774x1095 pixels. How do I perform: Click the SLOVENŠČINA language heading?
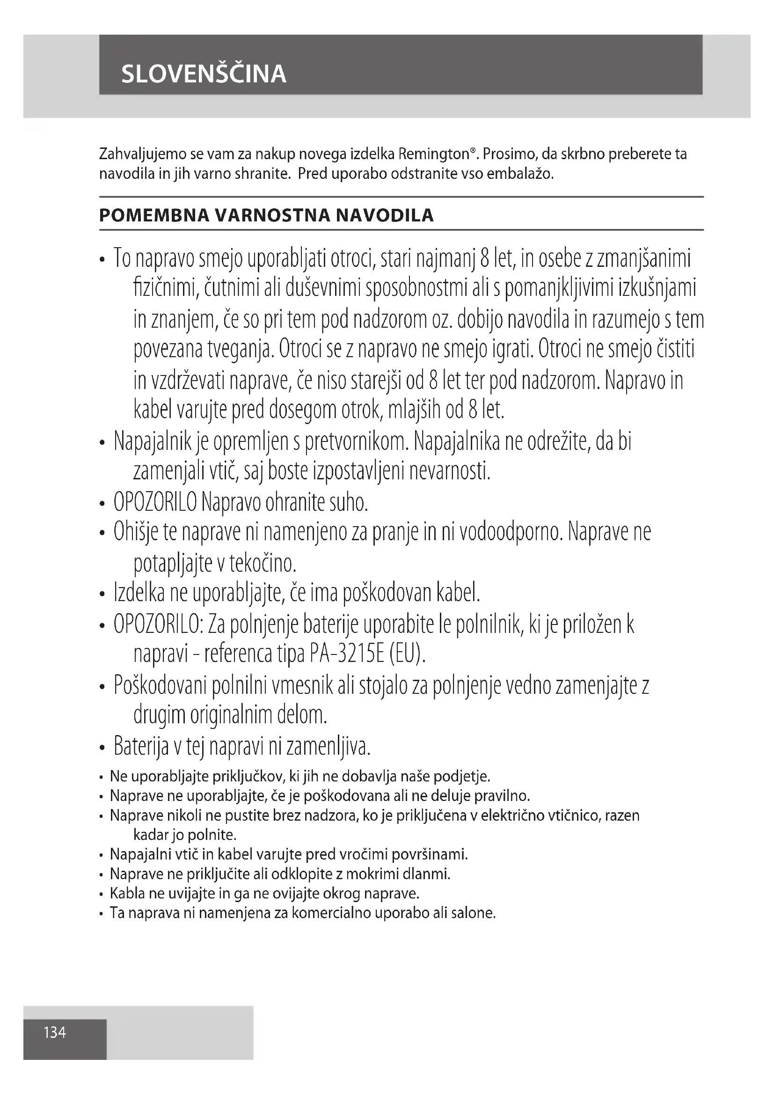tap(204, 74)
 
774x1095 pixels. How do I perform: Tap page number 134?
tap(55, 1033)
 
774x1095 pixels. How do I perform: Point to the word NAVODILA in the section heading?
tap(385, 215)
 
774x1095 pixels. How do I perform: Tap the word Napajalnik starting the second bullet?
tap(153, 441)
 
